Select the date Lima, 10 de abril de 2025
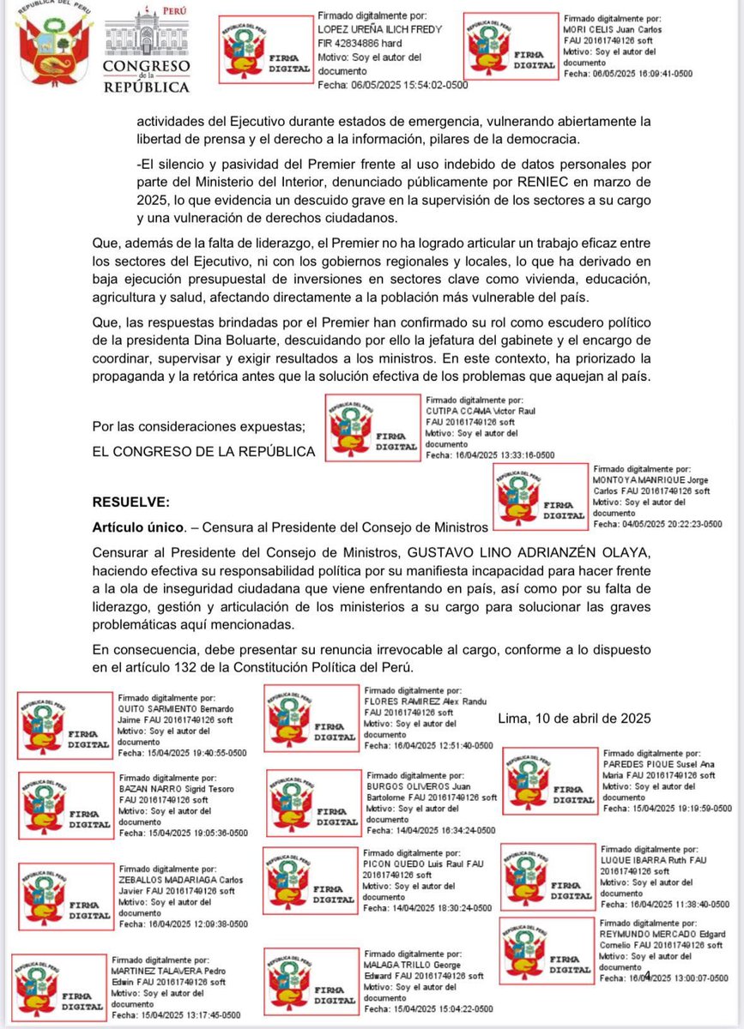tap(575, 718)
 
